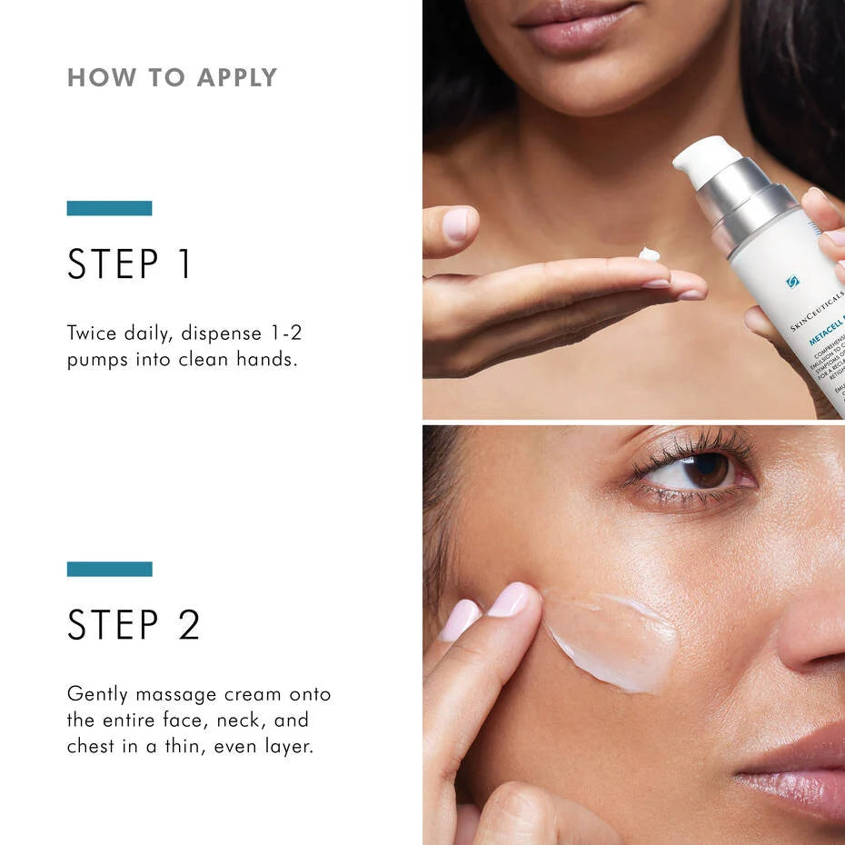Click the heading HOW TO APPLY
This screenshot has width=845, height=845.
[172, 78]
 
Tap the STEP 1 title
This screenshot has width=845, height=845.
[130, 263]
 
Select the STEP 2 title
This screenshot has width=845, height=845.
[134, 624]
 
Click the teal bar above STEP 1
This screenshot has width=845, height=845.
[109, 208]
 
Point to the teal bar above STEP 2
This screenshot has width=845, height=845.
[109, 569]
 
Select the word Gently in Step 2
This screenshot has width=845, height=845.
[97, 695]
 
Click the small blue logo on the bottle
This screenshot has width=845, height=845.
[792, 282]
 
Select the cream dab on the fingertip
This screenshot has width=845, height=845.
[649, 253]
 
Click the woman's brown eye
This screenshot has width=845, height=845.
[706, 470]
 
